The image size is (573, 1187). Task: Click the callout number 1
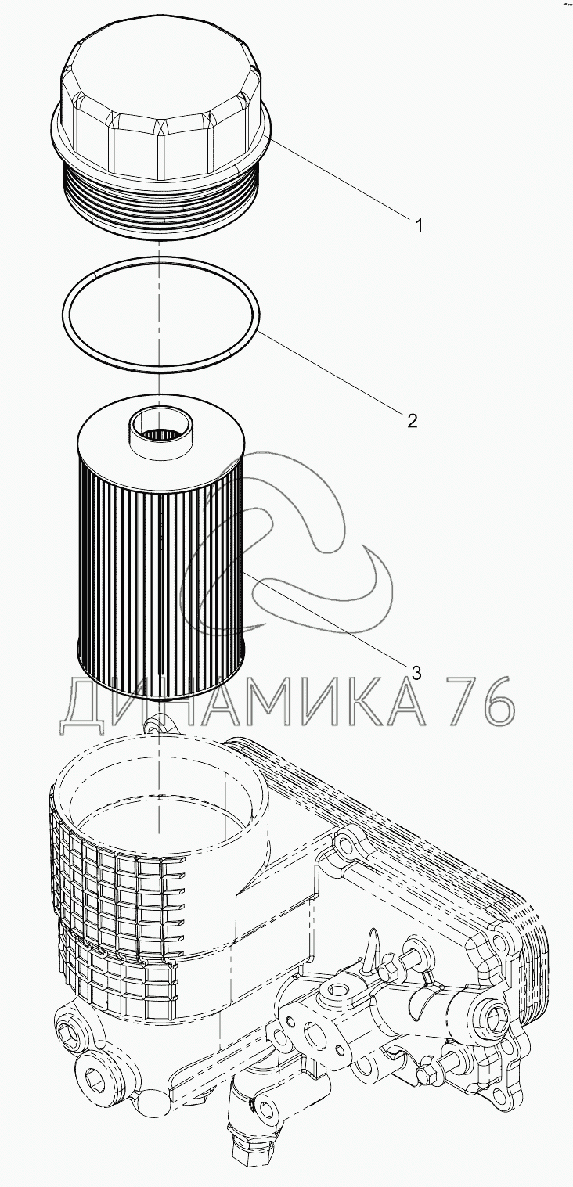[419, 226]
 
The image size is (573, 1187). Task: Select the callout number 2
[412, 421]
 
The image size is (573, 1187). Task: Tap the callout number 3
[416, 673]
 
